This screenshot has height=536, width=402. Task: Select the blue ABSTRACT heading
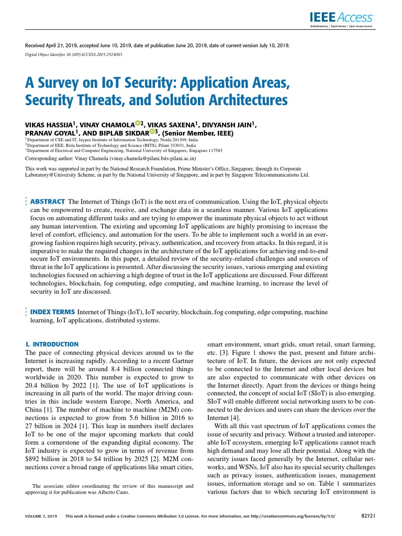(48, 202)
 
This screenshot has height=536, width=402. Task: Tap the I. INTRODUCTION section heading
(52, 344)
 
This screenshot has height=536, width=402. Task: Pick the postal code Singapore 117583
(201, 150)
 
